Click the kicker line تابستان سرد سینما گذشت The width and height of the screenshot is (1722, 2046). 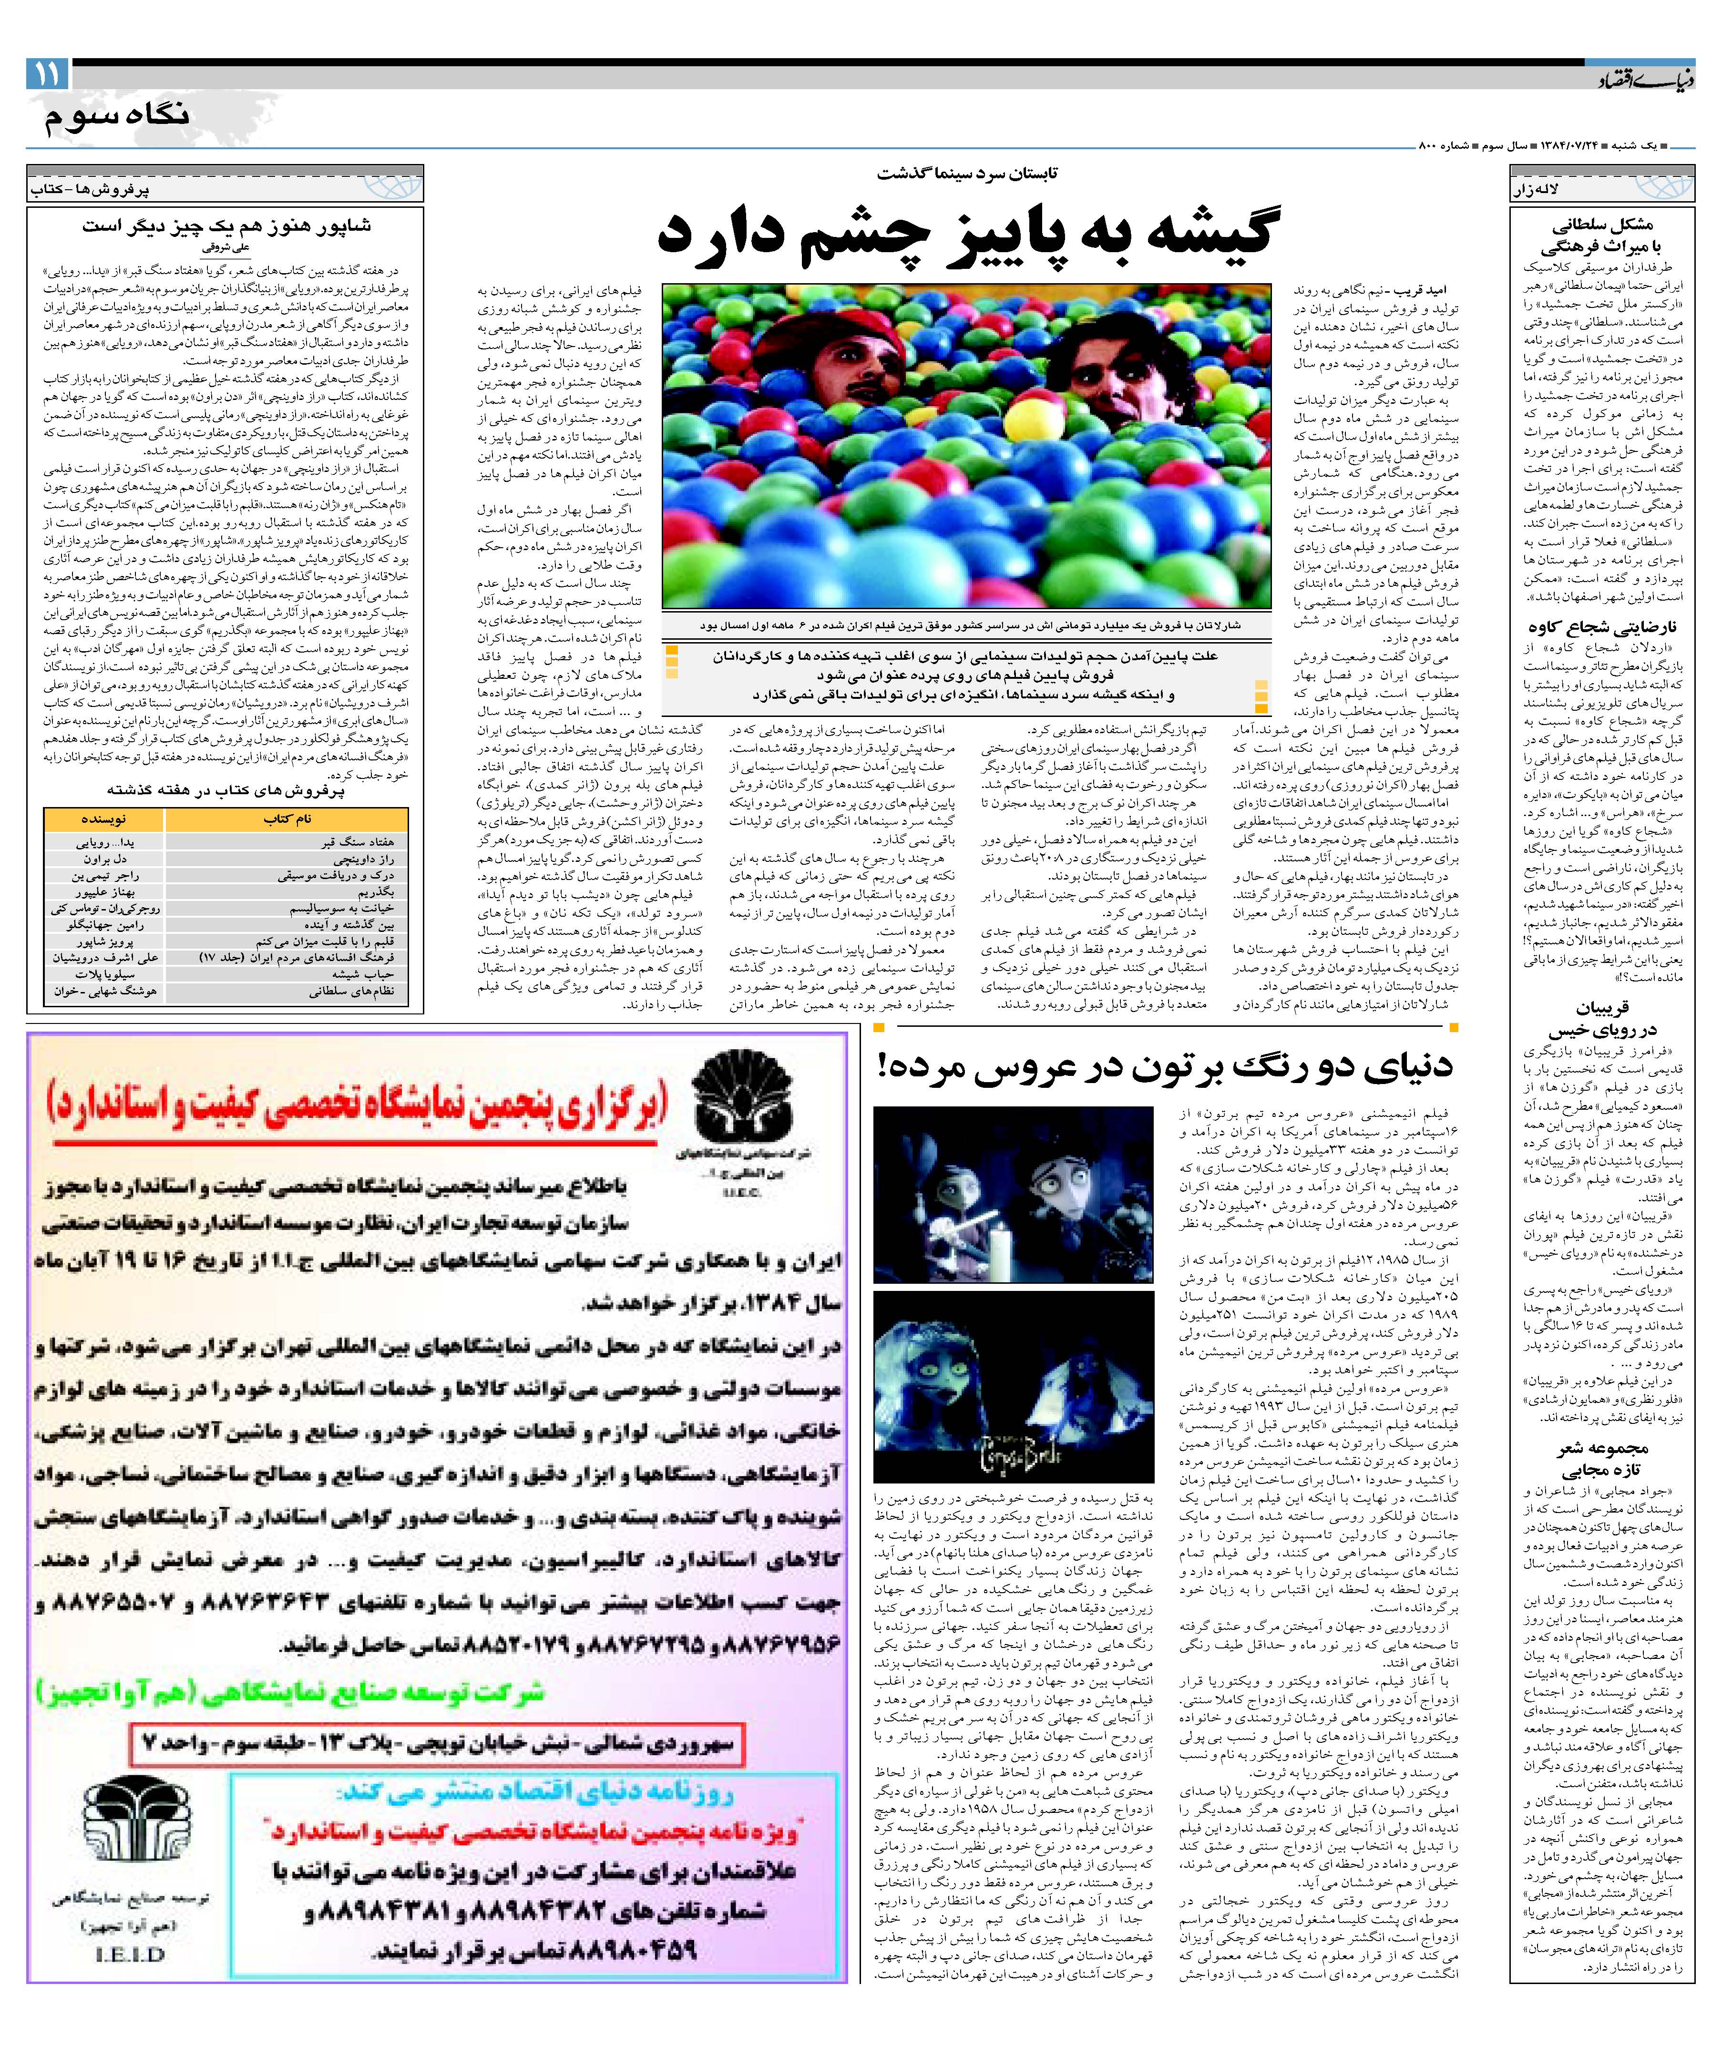coord(966,174)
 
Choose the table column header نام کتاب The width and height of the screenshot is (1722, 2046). coord(288,819)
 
